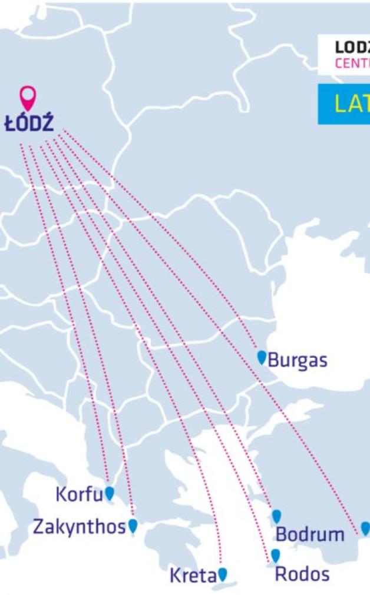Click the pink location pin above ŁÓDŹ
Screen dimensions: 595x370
pyautogui.click(x=28, y=97)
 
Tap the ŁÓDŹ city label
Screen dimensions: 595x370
pyautogui.click(x=29, y=124)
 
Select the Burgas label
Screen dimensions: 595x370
pyautogui.click(x=298, y=361)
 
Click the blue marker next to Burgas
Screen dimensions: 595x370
pyautogui.click(x=262, y=357)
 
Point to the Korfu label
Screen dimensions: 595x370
pyautogui.click(x=79, y=494)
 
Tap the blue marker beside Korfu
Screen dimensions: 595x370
pyautogui.click(x=110, y=493)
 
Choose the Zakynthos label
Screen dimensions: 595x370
pyautogui.click(x=79, y=526)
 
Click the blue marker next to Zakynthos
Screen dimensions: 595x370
pyautogui.click(x=133, y=525)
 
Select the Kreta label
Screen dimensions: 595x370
pyautogui.click(x=193, y=576)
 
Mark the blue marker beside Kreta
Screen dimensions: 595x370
pyautogui.click(x=222, y=574)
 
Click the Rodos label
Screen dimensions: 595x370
pyautogui.click(x=302, y=574)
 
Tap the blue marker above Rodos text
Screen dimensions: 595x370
pyautogui.click(x=275, y=555)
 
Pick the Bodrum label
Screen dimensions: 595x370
pyautogui.click(x=310, y=534)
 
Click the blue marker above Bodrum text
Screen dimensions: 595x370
pyautogui.click(x=276, y=516)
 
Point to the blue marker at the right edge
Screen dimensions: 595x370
pyautogui.click(x=365, y=528)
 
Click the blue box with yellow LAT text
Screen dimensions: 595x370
pyautogui.click(x=344, y=104)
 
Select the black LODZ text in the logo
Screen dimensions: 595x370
pyautogui.click(x=352, y=48)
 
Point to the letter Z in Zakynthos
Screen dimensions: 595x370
pyautogui.click(x=38, y=526)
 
